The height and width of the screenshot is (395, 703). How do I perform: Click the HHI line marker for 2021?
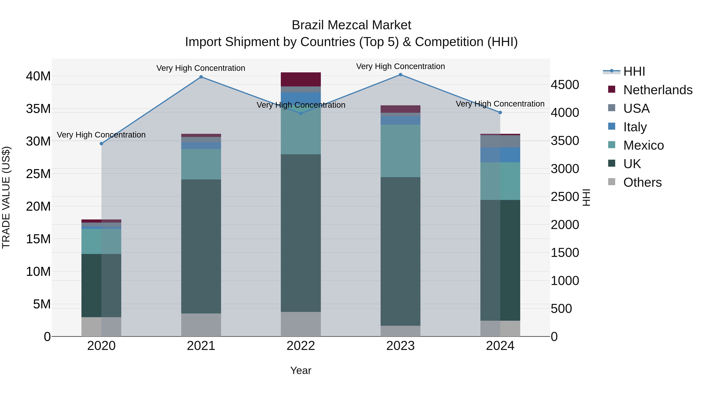click(201, 77)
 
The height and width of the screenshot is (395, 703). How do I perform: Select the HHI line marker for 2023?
click(400, 75)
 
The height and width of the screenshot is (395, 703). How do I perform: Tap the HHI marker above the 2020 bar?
click(102, 144)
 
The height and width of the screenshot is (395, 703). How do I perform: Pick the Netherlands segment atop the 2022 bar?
click(301, 79)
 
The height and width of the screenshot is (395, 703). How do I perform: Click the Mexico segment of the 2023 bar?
click(400, 151)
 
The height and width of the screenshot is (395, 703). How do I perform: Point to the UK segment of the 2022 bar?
click(301, 233)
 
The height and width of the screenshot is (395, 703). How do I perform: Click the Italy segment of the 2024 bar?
click(500, 155)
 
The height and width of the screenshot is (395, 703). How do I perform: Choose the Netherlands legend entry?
click(658, 90)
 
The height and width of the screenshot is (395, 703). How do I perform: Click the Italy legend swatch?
click(612, 126)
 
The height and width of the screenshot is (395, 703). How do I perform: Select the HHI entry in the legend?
click(634, 71)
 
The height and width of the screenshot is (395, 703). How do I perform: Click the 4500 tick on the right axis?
click(565, 85)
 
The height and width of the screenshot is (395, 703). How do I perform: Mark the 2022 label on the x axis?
click(301, 346)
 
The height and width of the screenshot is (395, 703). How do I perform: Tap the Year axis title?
click(301, 370)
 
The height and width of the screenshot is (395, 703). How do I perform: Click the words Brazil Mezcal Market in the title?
click(351, 25)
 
